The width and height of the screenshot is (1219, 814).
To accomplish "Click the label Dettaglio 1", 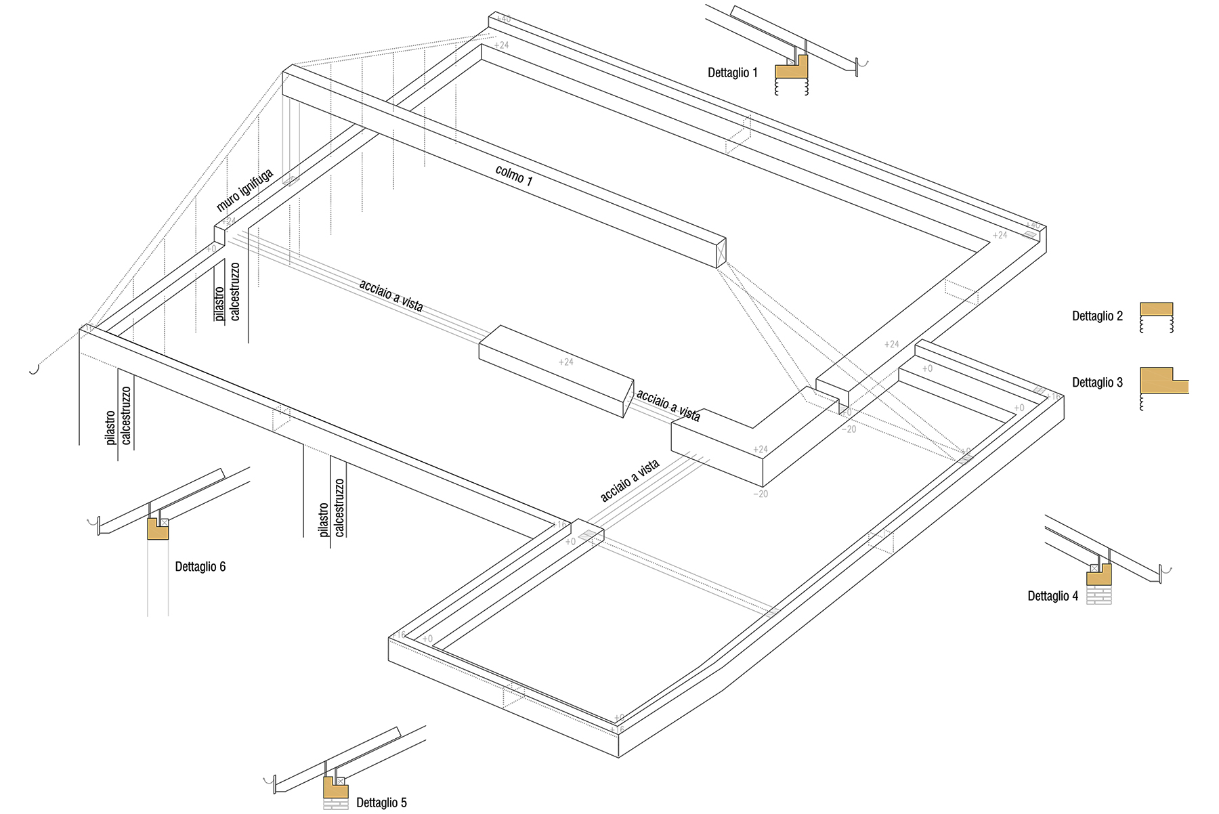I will point(732,72).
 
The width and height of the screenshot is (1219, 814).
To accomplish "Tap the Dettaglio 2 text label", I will point(1097,316).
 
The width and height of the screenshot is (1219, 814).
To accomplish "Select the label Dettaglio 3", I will point(1097,383).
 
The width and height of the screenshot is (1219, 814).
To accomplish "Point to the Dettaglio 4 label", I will point(1052,596).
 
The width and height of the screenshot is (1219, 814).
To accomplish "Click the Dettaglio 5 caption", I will point(381,802).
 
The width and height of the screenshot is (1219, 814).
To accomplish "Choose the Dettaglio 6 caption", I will point(200,567).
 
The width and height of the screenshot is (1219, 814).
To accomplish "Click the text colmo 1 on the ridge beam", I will point(514,175).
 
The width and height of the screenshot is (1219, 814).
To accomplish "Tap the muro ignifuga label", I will point(245,190).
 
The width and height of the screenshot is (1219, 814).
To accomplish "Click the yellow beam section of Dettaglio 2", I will point(1156,309).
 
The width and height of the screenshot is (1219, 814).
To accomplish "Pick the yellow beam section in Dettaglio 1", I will point(791,69).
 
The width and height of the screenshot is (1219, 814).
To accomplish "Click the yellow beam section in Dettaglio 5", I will point(335,790).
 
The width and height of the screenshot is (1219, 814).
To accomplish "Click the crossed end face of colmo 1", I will point(721,252).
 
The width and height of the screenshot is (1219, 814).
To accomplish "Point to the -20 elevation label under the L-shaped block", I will point(761,494).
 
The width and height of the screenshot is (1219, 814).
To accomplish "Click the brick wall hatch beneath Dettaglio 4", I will point(1098,595).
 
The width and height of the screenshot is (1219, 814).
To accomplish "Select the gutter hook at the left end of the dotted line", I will point(34,370).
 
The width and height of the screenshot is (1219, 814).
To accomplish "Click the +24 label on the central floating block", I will point(565,362).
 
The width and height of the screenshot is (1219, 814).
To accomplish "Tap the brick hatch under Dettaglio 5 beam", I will point(335,804).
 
